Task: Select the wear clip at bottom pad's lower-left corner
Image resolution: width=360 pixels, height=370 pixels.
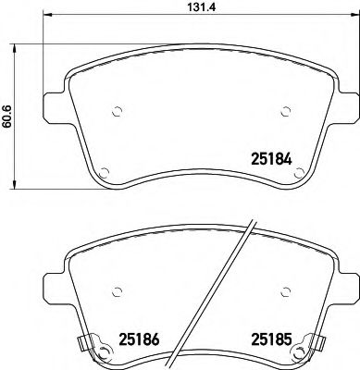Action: tap(84, 345)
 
